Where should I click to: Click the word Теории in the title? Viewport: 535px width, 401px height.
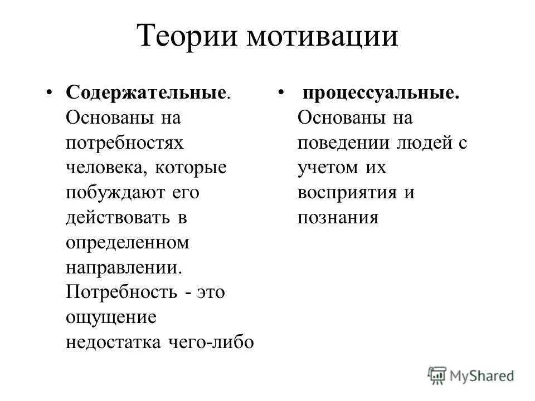pos(185,37)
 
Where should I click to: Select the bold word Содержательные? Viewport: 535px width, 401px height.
pos(146,93)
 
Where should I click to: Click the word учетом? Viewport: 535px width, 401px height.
pos(323,168)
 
